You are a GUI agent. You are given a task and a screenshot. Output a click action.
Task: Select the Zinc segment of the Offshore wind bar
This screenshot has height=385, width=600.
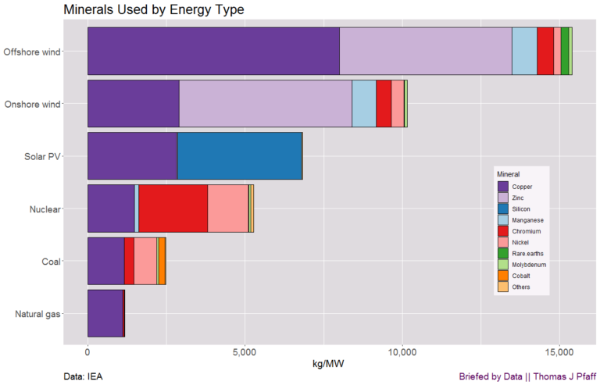[x=426, y=52]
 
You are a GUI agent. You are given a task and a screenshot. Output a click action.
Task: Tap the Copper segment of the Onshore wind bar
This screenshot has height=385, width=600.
[x=134, y=104]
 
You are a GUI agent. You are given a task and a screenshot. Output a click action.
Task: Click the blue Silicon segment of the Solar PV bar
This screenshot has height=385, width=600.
[x=239, y=156]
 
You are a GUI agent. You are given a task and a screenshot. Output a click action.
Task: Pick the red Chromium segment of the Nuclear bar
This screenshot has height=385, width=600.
[x=173, y=209]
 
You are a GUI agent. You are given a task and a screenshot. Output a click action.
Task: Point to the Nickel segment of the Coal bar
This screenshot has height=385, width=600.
[x=145, y=261]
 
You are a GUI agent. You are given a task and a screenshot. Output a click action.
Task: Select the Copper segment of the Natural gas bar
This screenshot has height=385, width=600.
[x=105, y=313]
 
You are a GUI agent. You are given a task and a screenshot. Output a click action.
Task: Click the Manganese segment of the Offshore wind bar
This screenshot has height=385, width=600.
[x=524, y=52]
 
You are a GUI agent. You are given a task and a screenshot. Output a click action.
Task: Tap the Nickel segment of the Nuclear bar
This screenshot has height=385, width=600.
[x=227, y=209]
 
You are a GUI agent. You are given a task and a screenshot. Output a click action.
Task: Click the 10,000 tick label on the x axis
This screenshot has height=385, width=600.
[x=402, y=352]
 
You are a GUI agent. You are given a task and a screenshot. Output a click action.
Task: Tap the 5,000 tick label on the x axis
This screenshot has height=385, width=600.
[x=245, y=352]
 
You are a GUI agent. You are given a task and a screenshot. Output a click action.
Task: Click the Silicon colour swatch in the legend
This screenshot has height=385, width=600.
[x=503, y=209]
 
